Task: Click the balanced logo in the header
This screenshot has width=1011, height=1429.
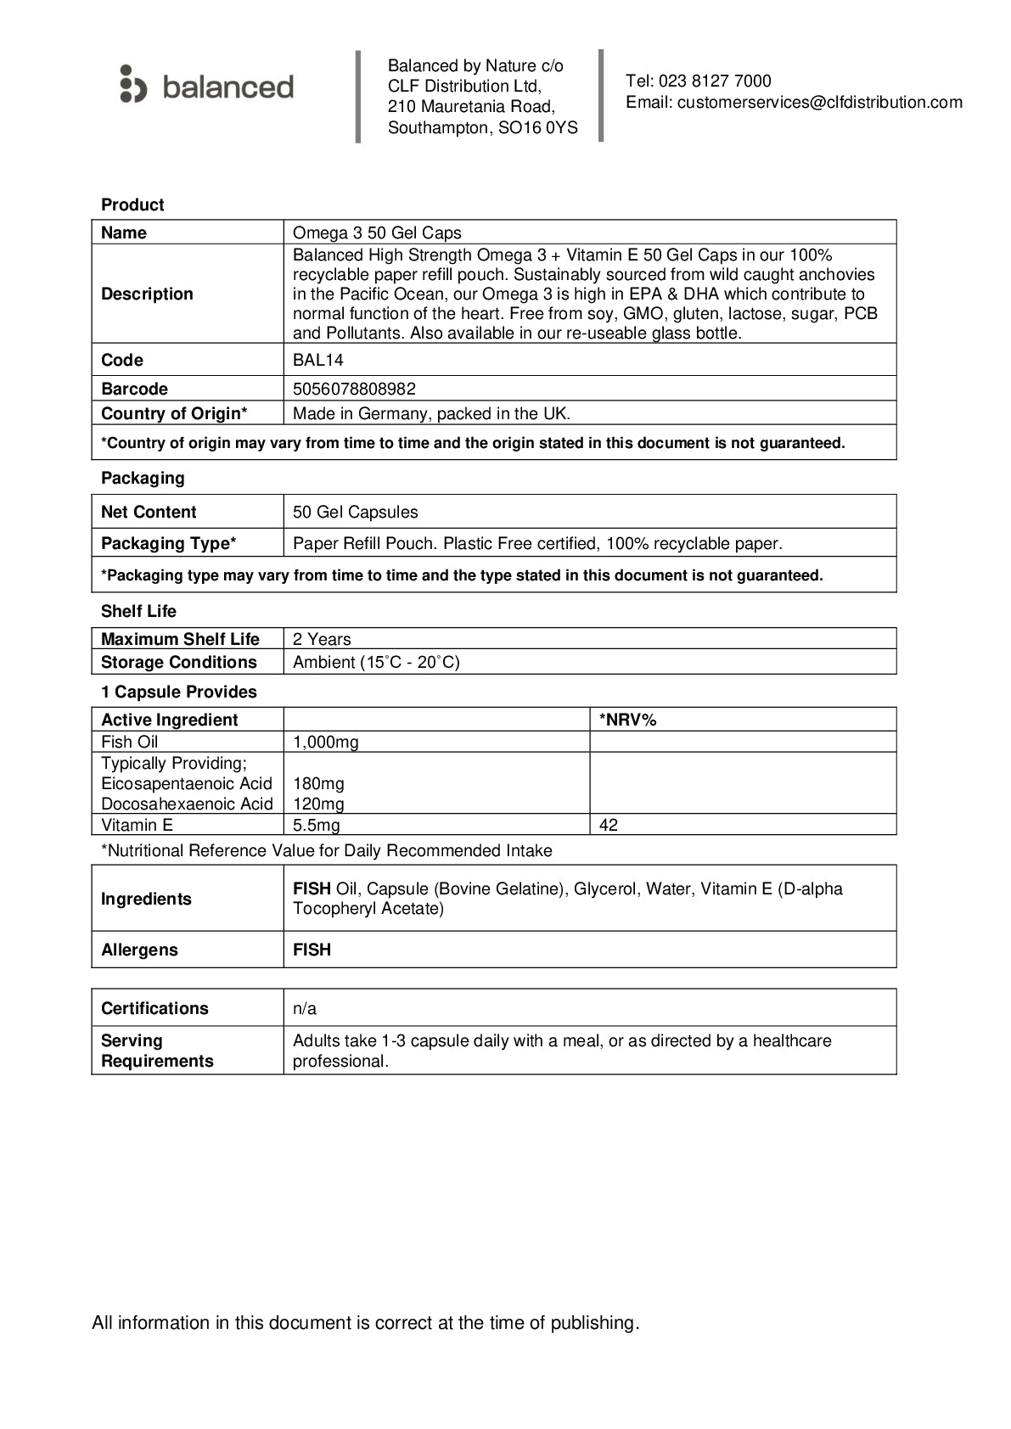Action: [x=207, y=86]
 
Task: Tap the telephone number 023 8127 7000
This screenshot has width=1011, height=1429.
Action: [x=715, y=81]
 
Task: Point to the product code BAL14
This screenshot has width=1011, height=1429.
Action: [x=318, y=360]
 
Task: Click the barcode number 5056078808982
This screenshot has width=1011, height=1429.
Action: [x=354, y=389]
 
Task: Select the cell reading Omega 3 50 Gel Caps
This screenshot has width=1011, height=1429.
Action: [x=377, y=233]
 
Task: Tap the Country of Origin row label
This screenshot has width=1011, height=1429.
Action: [x=174, y=413]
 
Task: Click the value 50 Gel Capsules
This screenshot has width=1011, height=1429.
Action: [x=355, y=512]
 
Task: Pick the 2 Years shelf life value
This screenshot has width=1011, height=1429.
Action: [x=322, y=639]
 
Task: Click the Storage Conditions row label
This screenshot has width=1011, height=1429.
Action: [x=178, y=662]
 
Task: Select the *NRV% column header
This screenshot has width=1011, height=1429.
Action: [x=628, y=720]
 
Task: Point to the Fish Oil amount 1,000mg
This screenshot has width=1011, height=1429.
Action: [x=326, y=742]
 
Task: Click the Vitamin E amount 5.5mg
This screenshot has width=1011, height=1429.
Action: [x=317, y=825]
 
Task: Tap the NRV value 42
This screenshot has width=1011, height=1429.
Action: [x=609, y=825]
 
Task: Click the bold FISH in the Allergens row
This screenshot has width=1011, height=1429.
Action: [x=312, y=950]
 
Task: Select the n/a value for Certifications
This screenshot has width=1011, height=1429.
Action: [x=305, y=1008]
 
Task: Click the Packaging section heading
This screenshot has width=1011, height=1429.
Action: [x=143, y=478]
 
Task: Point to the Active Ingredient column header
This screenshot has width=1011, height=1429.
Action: [x=170, y=720]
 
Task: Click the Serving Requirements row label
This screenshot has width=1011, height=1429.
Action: [x=157, y=1051]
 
